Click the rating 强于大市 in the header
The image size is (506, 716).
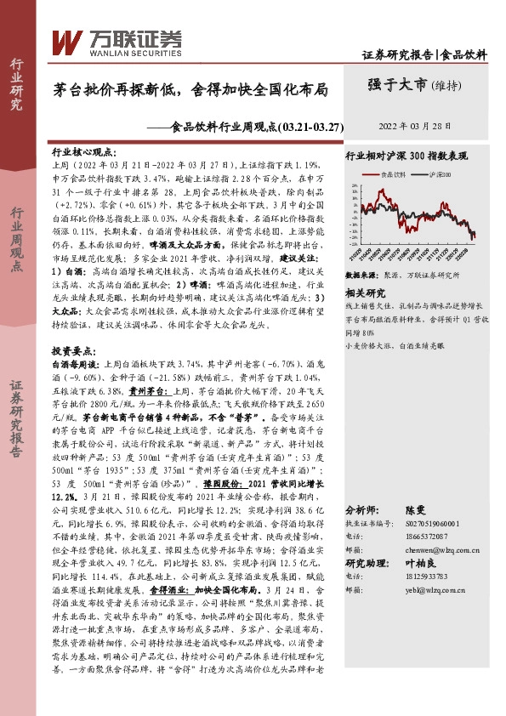[398, 84]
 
